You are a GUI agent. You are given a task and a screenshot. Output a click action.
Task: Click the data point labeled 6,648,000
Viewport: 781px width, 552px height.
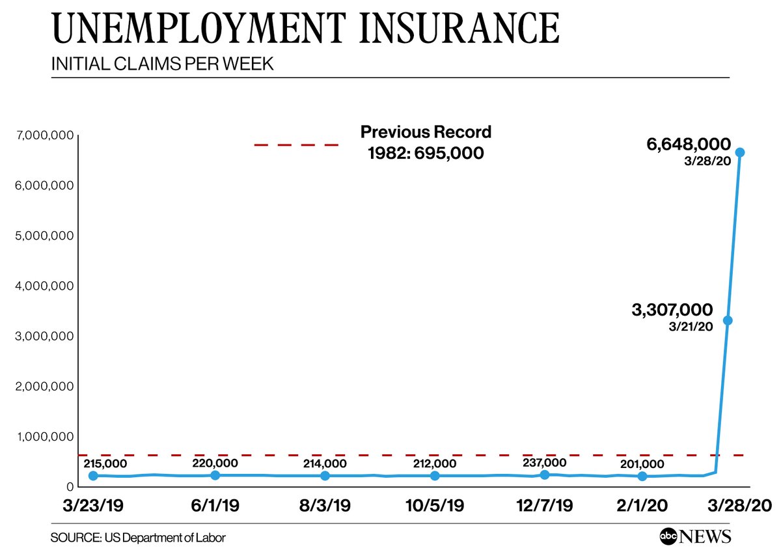coord(740,152)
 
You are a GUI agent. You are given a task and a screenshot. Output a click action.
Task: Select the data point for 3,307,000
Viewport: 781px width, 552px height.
coord(728,320)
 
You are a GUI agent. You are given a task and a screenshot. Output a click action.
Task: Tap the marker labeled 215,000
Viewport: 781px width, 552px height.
coord(93,476)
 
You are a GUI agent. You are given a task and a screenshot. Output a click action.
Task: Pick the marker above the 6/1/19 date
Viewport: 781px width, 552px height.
coord(215,475)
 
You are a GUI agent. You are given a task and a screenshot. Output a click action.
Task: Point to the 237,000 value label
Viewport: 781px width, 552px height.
coord(545,462)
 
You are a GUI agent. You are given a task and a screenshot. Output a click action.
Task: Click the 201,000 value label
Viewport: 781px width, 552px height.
coord(642,464)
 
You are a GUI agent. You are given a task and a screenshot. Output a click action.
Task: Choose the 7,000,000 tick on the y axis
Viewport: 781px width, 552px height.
coord(42,135)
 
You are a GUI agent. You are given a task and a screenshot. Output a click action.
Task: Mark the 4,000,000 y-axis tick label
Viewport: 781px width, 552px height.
coord(42,286)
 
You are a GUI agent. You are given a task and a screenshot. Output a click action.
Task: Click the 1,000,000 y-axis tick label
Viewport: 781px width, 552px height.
coord(42,436)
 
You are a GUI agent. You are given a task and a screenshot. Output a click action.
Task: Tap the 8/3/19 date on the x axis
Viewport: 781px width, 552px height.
coord(326,506)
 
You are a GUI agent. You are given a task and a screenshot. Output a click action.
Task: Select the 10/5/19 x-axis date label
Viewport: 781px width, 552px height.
coord(435,506)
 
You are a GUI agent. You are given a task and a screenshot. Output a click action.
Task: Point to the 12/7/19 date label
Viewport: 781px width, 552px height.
coord(545,506)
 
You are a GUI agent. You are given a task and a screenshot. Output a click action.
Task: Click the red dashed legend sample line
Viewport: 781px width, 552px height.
coord(296,145)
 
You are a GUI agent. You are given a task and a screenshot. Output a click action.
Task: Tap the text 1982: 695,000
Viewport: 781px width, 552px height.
coord(426,154)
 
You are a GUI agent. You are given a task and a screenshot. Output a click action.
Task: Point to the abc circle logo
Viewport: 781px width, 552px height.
coord(668,536)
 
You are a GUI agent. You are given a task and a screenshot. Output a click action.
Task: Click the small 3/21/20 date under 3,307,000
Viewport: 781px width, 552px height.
coord(691,326)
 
